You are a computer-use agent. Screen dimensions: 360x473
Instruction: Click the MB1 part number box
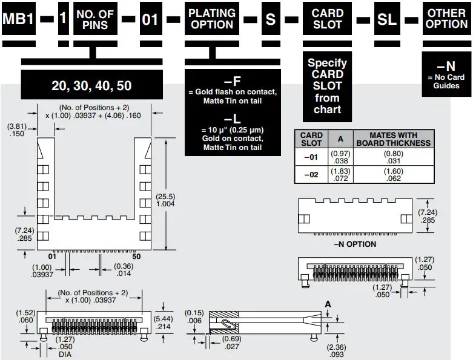[x=18, y=19]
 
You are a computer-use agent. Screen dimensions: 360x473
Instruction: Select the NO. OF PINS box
[x=96, y=19]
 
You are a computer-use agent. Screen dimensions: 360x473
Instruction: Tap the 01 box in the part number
[x=150, y=19]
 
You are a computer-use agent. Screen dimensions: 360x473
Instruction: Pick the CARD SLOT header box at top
[x=327, y=19]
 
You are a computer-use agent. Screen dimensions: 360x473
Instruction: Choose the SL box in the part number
[x=387, y=19]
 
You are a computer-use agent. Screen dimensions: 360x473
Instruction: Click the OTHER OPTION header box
[x=446, y=19]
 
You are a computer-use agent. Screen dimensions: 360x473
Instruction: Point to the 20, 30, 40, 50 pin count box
[x=91, y=85]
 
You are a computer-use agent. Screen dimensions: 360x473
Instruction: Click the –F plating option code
[x=233, y=80]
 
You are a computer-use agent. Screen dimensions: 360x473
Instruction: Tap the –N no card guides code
[x=446, y=66]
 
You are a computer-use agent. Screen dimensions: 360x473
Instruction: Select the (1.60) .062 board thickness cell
[x=394, y=175]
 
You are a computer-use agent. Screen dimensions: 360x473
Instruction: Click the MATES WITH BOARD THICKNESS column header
[x=394, y=139]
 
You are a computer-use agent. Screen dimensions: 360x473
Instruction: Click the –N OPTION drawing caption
[x=355, y=244]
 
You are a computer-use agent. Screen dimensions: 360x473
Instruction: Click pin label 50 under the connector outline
[x=136, y=257]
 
